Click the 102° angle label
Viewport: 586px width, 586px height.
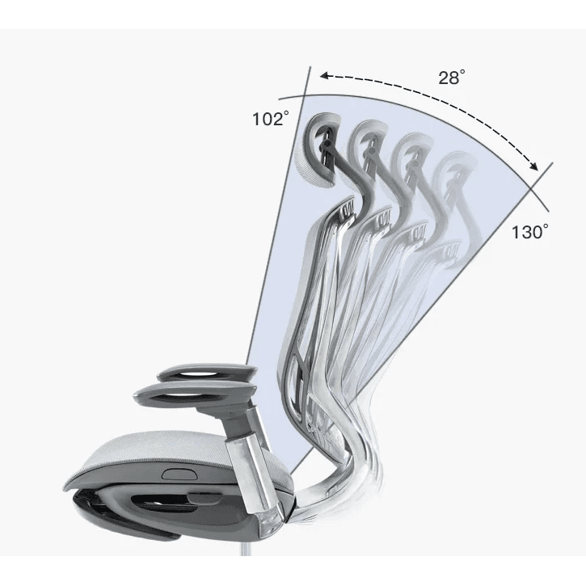[270, 119]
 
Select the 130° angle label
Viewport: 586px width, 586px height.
[529, 232]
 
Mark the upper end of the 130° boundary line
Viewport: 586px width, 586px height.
[553, 164]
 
